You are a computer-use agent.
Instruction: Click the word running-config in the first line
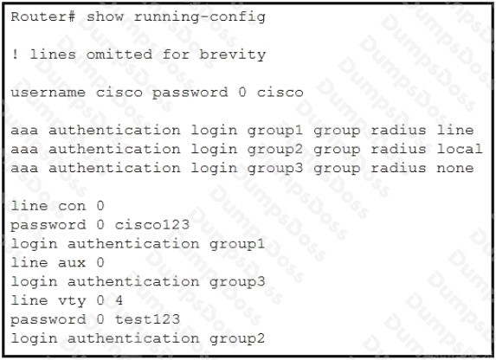[199, 17]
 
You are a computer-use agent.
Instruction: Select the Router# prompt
[43, 16]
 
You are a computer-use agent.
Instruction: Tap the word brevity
[232, 55]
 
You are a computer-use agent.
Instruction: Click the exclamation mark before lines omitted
[15, 55]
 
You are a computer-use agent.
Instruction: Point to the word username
[48, 93]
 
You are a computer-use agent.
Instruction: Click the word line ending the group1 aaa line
[455, 130]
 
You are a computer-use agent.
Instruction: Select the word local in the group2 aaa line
[460, 149]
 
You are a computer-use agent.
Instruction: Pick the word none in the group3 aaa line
[455, 168]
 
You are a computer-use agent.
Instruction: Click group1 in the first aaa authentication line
[275, 131]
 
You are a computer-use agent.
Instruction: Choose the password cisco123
[152, 225]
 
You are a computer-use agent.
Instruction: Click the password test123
[147, 319]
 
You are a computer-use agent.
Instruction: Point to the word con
[72, 207]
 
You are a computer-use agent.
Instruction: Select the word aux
[72, 263]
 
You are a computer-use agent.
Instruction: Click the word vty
[72, 301]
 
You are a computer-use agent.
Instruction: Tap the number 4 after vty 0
[119, 300]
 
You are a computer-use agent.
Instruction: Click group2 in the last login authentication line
[237, 339]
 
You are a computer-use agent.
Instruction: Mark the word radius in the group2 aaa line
[398, 149]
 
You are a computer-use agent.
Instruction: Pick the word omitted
[119, 55]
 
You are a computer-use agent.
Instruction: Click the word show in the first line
[105, 16]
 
